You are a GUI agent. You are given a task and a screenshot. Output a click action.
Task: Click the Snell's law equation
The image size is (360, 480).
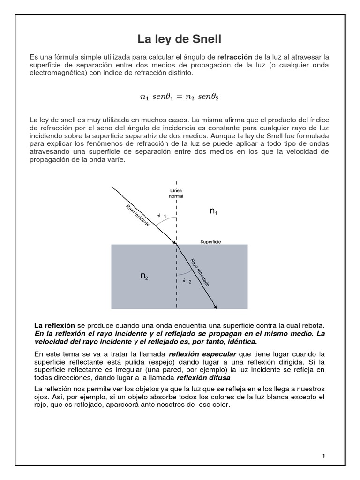tap(180, 97)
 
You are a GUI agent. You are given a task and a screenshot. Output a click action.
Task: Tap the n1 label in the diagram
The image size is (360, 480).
tap(213, 212)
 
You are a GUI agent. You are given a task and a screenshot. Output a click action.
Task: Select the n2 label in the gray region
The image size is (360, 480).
tap(144, 276)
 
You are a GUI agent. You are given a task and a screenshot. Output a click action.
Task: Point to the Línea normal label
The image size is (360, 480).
tap(176, 193)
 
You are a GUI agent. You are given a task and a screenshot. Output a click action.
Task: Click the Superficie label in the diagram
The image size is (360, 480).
tap(210, 242)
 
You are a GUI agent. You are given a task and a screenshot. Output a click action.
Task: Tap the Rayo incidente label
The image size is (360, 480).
tap(138, 216)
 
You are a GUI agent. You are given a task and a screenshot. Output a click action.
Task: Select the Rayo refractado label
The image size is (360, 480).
tap(200, 272)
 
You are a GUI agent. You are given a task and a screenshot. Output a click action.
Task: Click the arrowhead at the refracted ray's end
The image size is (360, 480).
tap(215, 307)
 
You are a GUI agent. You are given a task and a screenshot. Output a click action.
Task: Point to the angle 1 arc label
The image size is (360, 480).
tap(162, 215)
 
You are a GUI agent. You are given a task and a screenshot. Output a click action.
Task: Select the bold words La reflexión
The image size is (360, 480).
tap(55, 325)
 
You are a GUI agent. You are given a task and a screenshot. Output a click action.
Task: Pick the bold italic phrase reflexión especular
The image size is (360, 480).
tap(202, 354)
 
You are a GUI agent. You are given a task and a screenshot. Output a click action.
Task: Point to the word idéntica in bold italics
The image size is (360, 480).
tap(240, 342)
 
